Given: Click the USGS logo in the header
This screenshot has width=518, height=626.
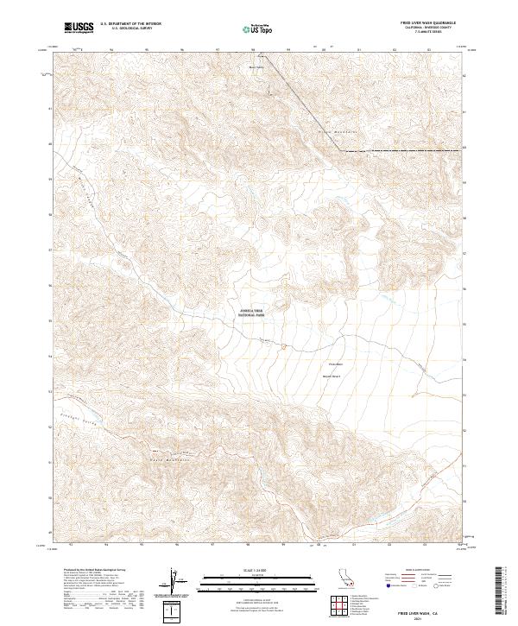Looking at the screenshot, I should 79,28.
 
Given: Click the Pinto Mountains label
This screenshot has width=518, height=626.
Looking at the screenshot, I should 330,130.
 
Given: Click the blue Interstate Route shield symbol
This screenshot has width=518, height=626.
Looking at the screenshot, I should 389,585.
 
